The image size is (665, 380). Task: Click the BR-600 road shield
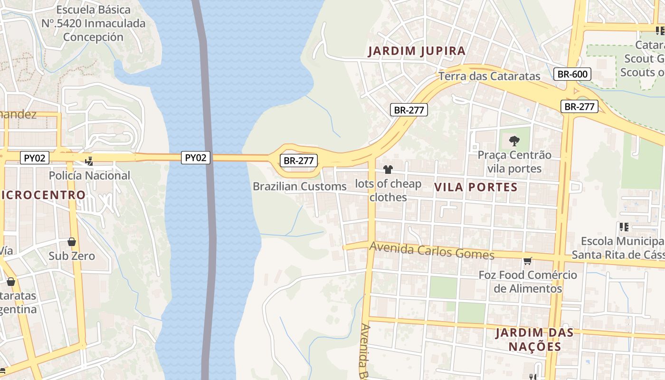click(x=572, y=74)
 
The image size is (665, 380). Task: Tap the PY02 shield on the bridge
click(x=195, y=158)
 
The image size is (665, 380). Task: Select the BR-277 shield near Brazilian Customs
click(x=298, y=161)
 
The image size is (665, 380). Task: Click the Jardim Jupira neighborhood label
click(x=417, y=51)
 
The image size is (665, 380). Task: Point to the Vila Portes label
click(x=475, y=187)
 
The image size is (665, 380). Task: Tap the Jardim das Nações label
click(x=534, y=340)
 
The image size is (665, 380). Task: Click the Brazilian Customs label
click(x=299, y=187)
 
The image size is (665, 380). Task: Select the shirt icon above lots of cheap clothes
click(x=388, y=170)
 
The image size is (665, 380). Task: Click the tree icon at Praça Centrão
click(x=514, y=141)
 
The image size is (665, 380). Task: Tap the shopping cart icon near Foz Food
click(x=527, y=261)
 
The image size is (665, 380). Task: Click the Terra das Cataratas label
click(x=489, y=76)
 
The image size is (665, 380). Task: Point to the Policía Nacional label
click(x=89, y=176)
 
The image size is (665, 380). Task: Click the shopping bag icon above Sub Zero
click(x=72, y=242)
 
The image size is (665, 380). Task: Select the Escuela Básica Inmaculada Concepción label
click(x=93, y=23)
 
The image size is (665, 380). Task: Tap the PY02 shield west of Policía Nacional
click(x=35, y=158)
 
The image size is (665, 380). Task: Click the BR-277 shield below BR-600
click(x=579, y=106)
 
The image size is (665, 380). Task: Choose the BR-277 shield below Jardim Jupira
click(x=409, y=110)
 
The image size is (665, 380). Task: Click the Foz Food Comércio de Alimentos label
click(x=527, y=282)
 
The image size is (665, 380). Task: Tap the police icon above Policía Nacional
click(x=89, y=161)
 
